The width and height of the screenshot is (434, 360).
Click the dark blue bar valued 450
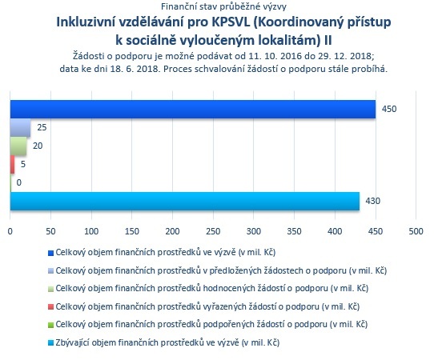tap(193, 110)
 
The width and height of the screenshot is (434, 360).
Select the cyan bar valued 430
tap(185, 201)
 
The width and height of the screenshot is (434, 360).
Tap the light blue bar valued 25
tap(21, 128)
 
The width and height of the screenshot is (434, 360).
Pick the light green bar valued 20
tap(18, 146)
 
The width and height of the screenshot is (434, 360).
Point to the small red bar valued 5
tap(13, 164)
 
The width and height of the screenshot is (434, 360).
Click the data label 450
tap(389, 109)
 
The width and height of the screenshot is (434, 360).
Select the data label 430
tap(373, 201)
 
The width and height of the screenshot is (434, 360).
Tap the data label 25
tap(42, 127)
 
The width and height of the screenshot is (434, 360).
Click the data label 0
tap(19, 182)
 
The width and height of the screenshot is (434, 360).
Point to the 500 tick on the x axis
tap(416, 231)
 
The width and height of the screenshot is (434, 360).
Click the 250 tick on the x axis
tap(213, 231)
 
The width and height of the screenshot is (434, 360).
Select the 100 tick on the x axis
tap(91, 231)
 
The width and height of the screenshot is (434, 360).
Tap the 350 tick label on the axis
tap(294, 231)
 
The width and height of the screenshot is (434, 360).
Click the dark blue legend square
tap(50, 253)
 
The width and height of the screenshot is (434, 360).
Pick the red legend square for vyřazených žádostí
tap(50, 307)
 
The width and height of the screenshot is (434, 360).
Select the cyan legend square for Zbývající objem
tap(50, 343)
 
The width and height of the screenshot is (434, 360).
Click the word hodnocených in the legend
tap(229, 288)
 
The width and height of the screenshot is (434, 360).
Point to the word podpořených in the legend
tap(229, 325)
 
